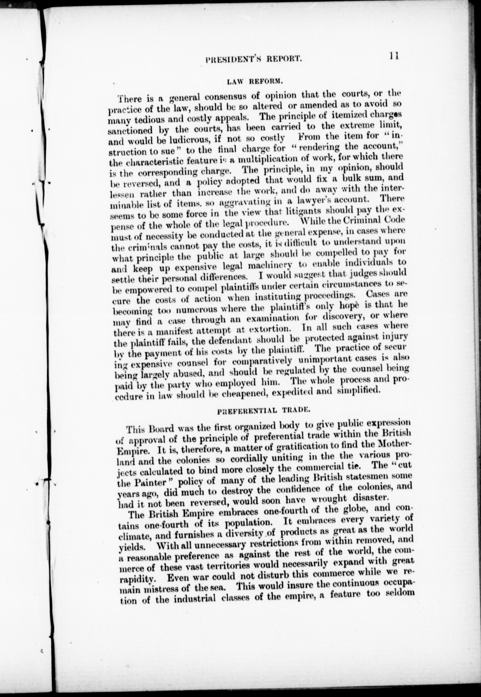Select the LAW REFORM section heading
pyautogui.click(x=254, y=81)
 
